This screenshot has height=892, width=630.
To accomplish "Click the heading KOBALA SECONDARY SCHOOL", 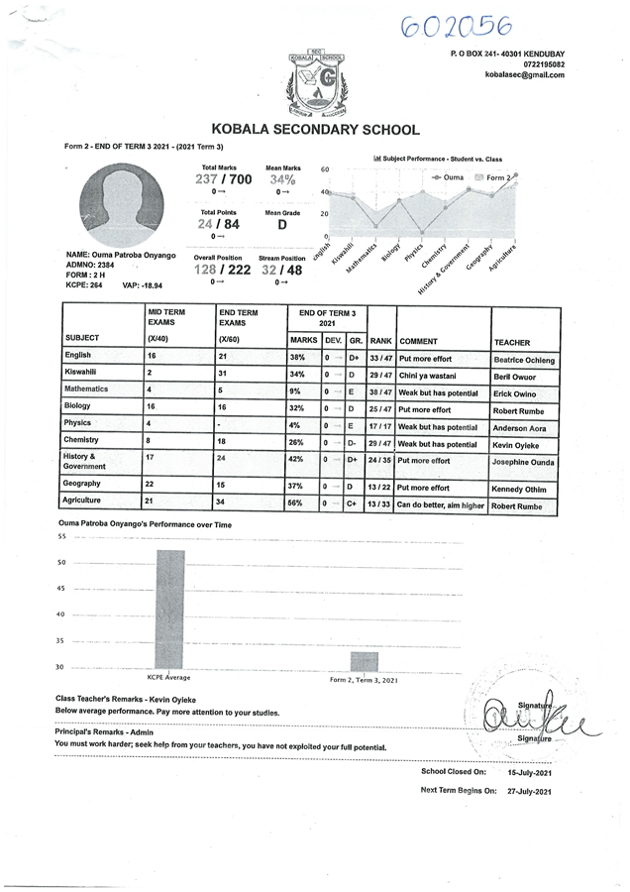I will (315, 130).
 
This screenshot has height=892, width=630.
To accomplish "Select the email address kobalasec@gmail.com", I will (525, 75).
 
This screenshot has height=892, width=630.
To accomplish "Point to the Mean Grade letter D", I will (282, 226).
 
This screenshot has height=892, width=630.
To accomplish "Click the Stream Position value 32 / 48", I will (282, 270).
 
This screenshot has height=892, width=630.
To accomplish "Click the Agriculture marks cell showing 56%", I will (296, 503).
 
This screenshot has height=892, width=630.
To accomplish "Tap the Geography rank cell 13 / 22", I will (380, 488).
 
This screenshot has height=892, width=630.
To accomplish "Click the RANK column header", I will (380, 341).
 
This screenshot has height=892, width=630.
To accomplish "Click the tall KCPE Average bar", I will (168, 609).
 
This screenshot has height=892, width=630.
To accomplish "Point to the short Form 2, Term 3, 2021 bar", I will (364, 661).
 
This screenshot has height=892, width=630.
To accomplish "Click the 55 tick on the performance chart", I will (61, 537).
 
